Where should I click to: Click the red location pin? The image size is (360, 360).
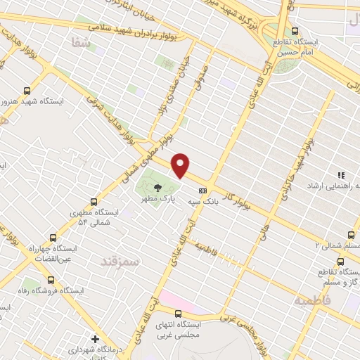click(181, 165)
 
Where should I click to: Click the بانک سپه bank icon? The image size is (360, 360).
click(203, 190)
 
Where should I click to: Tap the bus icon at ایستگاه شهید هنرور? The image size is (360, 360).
click(27, 91)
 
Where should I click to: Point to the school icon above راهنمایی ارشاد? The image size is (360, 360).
click(340, 175)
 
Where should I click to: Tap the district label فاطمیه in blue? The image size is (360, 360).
click(311, 300)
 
